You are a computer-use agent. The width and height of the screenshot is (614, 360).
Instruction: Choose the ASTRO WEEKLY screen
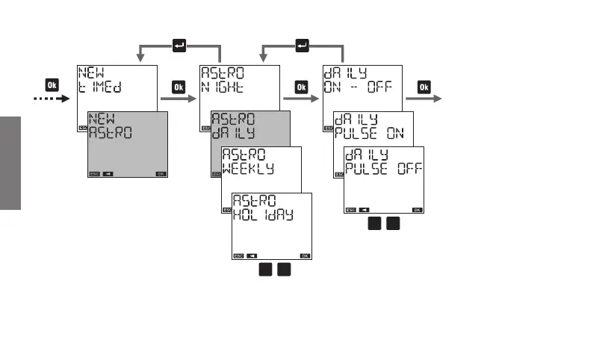coord(261,172)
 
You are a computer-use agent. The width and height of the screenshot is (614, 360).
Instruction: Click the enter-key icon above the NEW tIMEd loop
coord(179,46)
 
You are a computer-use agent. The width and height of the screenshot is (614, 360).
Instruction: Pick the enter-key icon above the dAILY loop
coord(302,46)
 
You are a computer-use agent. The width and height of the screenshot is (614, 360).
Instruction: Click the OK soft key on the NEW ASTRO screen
coord(161,174)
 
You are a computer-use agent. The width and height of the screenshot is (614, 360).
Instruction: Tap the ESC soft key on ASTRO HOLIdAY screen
coord(239,255)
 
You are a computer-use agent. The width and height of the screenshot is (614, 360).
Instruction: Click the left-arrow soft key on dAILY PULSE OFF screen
coord(364,210)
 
